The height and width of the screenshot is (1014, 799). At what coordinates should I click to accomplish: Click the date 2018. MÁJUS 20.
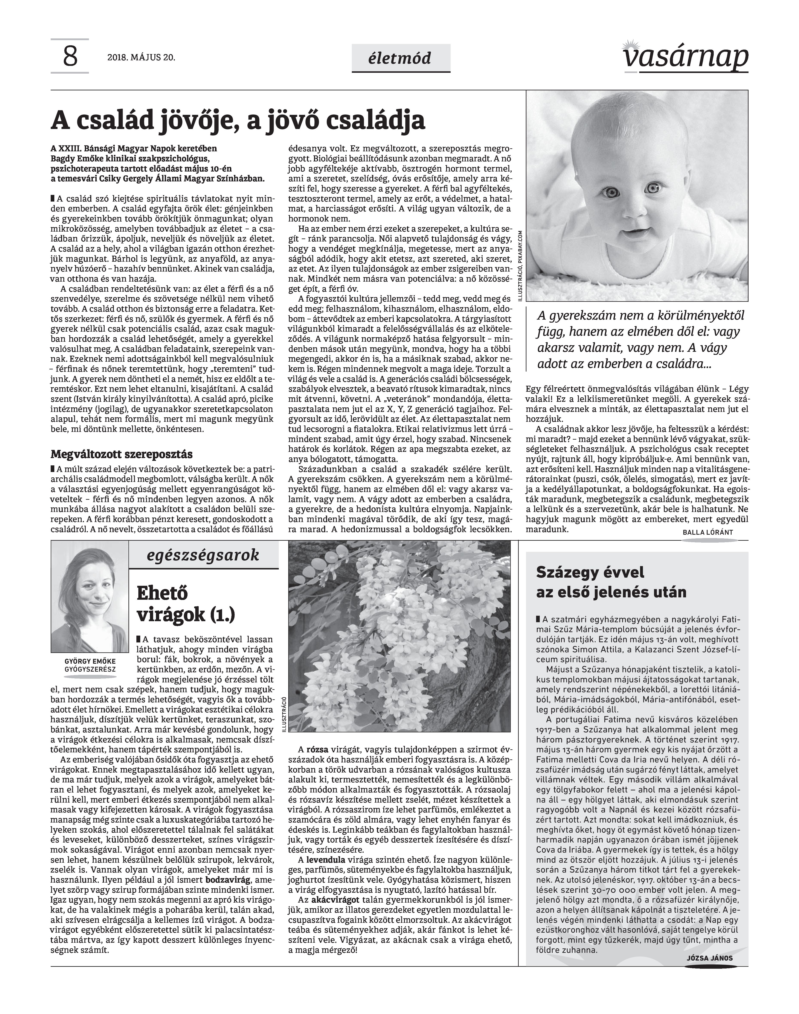pyautogui.click(x=141, y=58)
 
